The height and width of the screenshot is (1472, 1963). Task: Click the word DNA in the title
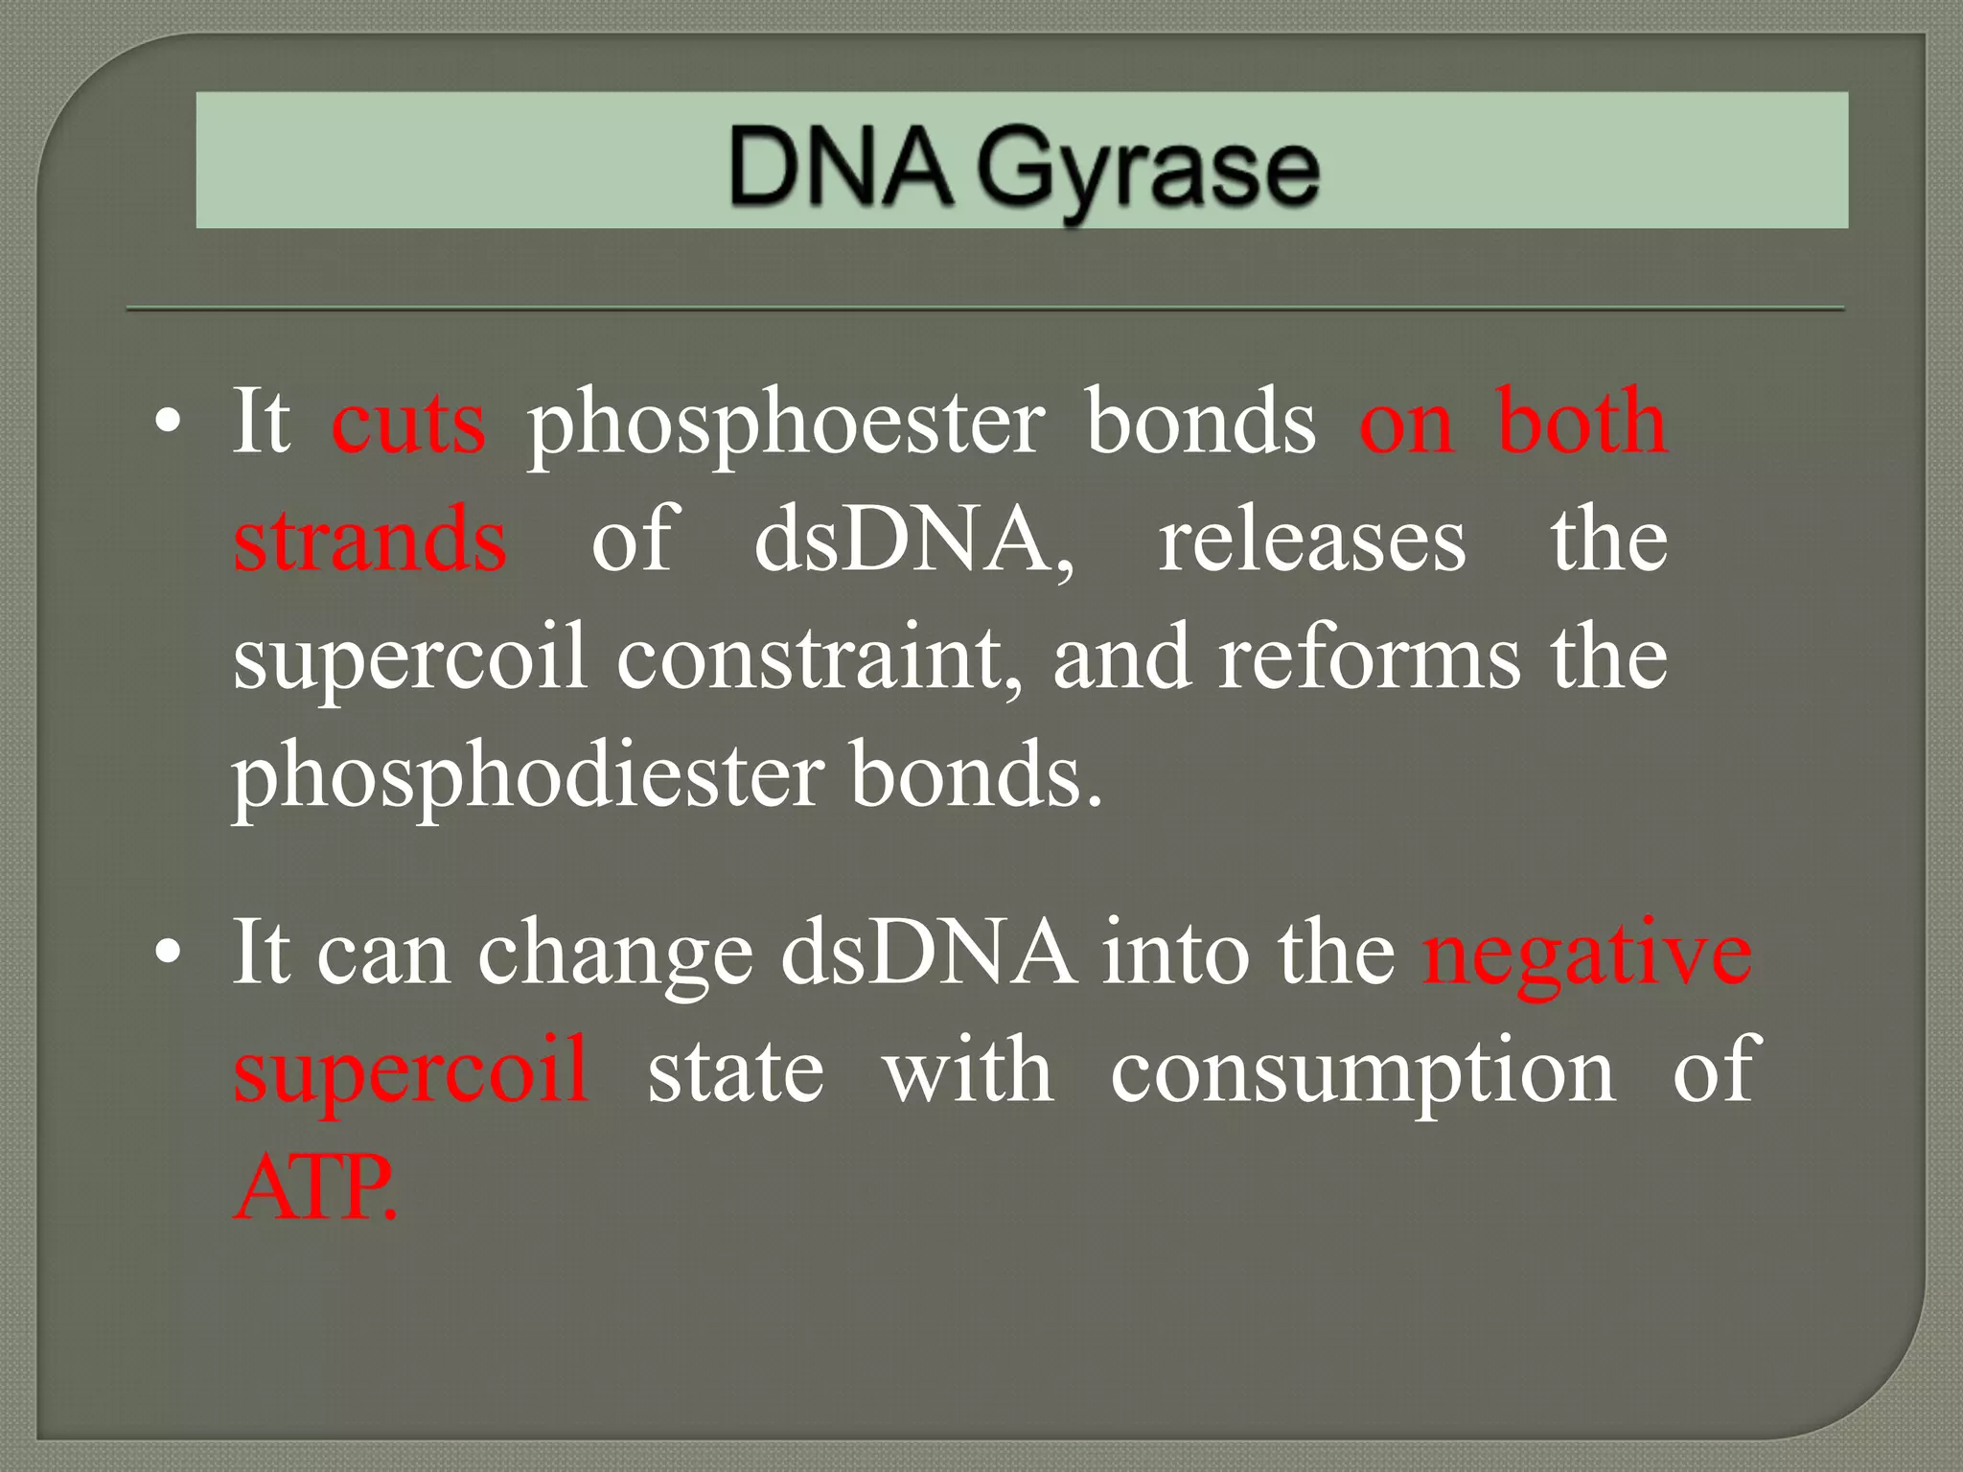(840, 169)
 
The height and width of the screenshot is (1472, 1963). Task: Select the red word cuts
(408, 422)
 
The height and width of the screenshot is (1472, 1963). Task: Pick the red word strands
(370, 540)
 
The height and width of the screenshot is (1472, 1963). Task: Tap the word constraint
(820, 657)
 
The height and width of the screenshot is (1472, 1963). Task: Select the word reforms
(1369, 657)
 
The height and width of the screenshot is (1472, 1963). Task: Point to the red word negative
(1587, 955)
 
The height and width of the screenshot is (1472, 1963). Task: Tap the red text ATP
(314, 1188)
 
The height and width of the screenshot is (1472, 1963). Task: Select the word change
(615, 955)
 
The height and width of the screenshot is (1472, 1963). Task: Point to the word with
(968, 1071)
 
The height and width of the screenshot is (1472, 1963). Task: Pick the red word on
(1405, 424)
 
